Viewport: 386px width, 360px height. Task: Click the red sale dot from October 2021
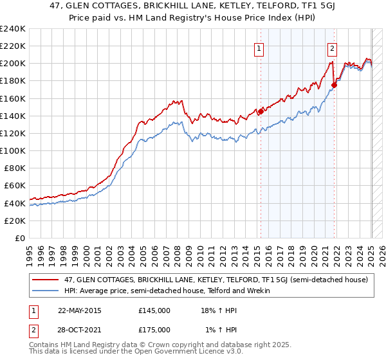coord(335,85)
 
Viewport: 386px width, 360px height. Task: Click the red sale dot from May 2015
coord(261,111)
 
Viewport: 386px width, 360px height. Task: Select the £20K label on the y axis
coord(15,221)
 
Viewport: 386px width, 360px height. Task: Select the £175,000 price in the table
coord(154,330)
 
